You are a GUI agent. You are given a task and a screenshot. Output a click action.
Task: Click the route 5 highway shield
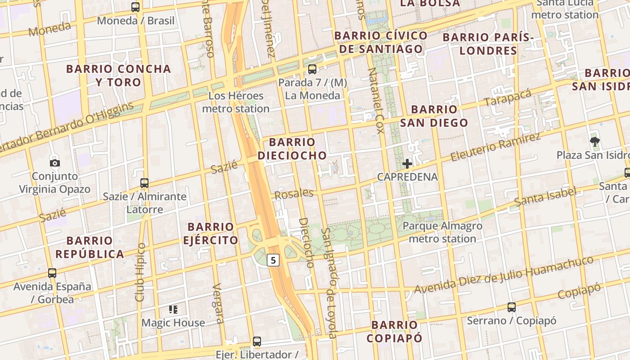273,260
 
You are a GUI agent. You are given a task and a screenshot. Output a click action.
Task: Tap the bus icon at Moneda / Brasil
135,7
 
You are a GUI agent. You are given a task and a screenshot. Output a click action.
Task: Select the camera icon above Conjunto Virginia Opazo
54,163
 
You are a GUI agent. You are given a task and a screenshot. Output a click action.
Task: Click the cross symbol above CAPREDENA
407,164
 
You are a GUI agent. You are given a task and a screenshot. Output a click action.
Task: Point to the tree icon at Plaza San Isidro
594,142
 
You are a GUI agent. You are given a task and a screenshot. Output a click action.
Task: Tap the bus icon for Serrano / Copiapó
512,307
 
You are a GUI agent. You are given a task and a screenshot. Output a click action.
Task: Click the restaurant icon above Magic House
173,309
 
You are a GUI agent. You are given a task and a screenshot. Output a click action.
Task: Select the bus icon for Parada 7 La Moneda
312,69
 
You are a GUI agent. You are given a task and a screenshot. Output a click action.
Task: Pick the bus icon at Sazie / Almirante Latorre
144,183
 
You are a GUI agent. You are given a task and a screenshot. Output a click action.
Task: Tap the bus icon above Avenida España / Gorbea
52,273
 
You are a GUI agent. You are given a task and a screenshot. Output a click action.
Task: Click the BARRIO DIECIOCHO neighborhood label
292,149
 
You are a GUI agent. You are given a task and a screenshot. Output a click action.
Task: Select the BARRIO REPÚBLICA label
90,247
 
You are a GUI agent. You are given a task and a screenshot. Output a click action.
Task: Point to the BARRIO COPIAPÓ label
394,331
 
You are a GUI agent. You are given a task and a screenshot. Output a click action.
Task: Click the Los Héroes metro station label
235,102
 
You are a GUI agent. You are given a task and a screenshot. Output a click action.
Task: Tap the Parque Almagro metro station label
442,232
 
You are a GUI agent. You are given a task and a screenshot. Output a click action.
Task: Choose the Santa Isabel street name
545,197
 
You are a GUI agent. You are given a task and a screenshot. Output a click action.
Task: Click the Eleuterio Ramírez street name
495,147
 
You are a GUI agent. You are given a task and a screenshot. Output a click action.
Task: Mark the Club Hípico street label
140,272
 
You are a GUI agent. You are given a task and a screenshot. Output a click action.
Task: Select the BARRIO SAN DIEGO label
434,116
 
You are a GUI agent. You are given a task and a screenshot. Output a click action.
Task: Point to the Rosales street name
293,194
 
